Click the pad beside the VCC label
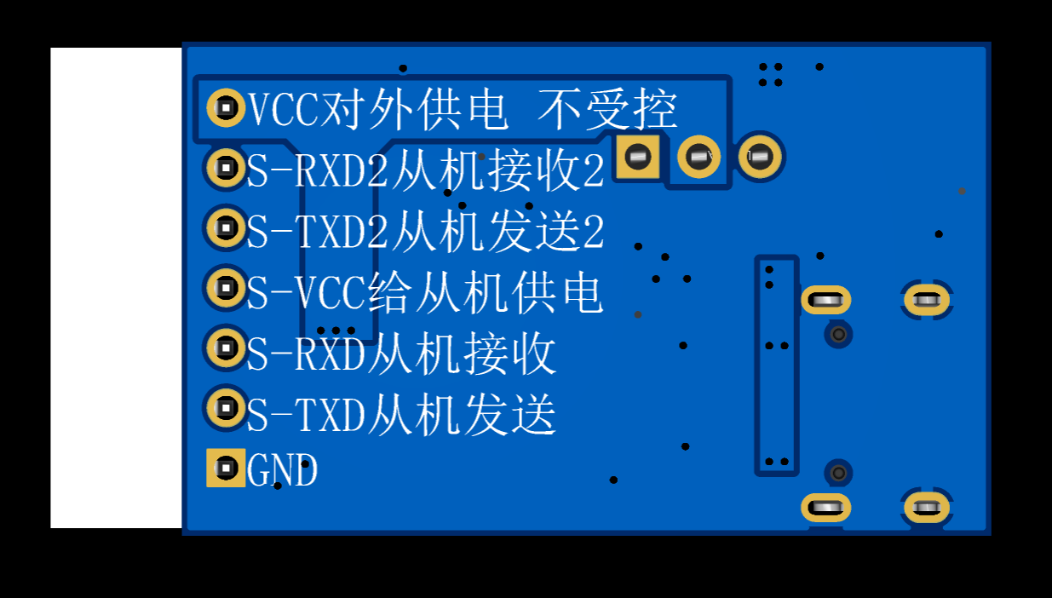coord(226,107)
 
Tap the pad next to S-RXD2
coord(226,168)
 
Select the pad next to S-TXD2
coord(226,227)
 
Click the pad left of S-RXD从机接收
coord(226,348)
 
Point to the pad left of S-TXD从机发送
coord(226,408)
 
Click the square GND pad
coord(226,468)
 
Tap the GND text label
coord(282,470)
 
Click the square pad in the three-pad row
coord(638,157)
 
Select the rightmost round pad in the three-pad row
coord(761,157)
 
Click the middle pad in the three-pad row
coord(699,157)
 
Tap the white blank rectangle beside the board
coord(116,288)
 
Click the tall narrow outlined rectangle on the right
coord(777,365)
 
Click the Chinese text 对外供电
coord(414,109)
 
